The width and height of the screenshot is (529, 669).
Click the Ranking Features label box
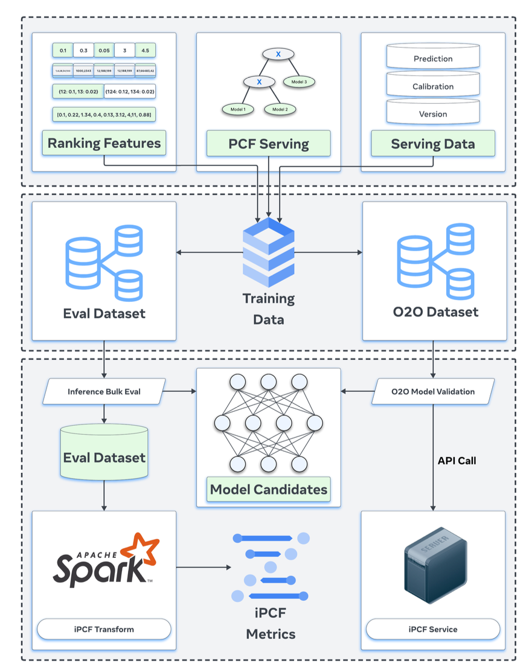pos(104,144)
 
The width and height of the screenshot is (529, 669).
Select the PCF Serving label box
pos(268,144)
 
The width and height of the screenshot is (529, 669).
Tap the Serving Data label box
pos(432,144)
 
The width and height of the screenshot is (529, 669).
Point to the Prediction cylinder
pos(432,58)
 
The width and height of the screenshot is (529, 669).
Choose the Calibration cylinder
pos(432,86)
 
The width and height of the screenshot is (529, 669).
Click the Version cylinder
pos(432,113)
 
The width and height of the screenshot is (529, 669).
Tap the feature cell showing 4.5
pos(145,51)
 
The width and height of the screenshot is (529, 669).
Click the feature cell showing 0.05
pos(104,51)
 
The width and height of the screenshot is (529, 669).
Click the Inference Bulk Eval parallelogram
pos(104,391)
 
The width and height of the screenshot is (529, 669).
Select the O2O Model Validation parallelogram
pos(432,391)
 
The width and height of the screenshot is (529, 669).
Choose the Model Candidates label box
pos(268,488)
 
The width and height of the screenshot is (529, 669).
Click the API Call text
pos(457,461)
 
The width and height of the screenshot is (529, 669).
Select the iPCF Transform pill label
pos(104,629)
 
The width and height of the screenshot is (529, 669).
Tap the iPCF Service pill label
pos(432,629)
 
